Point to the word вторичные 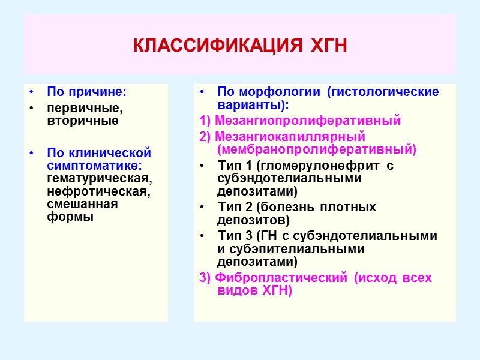pos(74,121)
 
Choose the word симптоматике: pos(98,165)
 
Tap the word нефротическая pos(97,191)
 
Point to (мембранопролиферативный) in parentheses pos(316,148)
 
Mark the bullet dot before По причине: pos(31,92)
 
